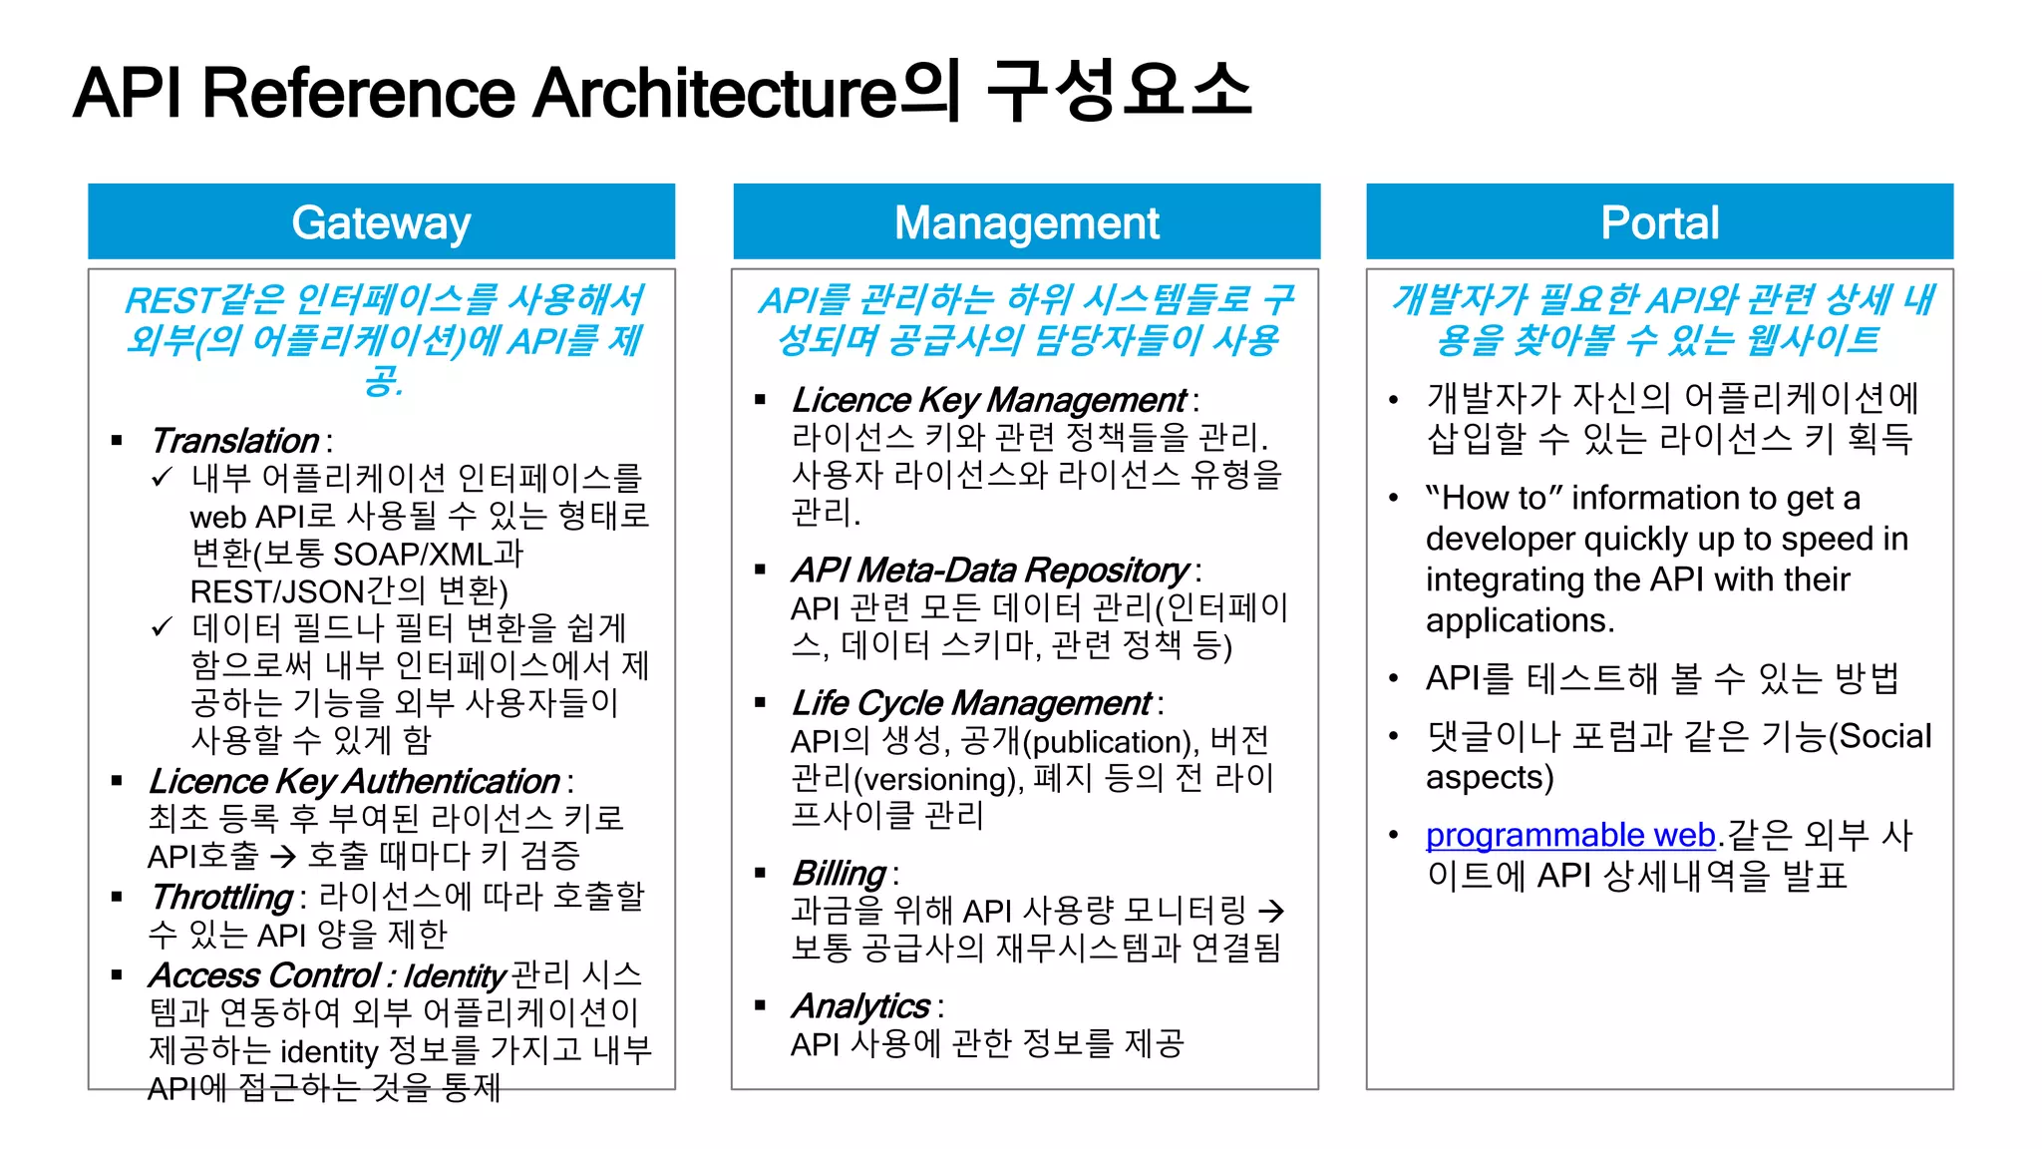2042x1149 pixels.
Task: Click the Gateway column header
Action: (x=381, y=222)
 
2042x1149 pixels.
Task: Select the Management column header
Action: (x=1026, y=222)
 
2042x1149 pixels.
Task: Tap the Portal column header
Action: (x=1659, y=222)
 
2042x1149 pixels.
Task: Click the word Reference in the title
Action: (x=359, y=93)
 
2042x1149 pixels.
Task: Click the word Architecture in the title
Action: (x=715, y=93)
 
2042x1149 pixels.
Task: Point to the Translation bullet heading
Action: (x=234, y=441)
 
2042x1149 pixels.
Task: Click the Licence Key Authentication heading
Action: (x=354, y=781)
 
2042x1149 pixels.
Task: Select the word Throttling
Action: (x=221, y=897)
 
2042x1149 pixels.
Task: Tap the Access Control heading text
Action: (x=264, y=974)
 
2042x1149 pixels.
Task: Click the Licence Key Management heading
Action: (x=988, y=400)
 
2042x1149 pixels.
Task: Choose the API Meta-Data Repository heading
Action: (x=989, y=570)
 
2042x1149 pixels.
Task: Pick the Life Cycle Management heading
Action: (x=971, y=703)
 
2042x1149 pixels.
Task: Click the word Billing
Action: (x=839, y=873)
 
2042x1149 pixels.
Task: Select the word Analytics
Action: (x=860, y=1005)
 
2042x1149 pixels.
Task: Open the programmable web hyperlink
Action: (x=1569, y=835)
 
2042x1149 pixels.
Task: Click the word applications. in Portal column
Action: (x=1519, y=620)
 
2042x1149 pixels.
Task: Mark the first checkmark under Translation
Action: (x=162, y=478)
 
